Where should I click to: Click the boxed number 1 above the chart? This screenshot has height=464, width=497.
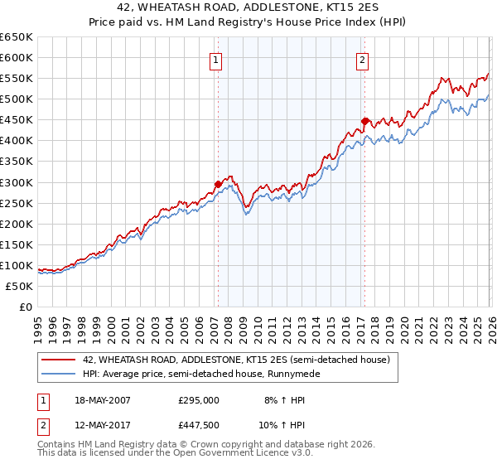click(216, 59)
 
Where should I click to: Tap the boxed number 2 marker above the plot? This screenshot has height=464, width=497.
click(363, 59)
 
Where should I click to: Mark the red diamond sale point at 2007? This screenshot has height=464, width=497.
click(218, 184)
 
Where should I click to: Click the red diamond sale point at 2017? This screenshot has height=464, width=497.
click(364, 121)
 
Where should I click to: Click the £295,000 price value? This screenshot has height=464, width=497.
click(198, 400)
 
